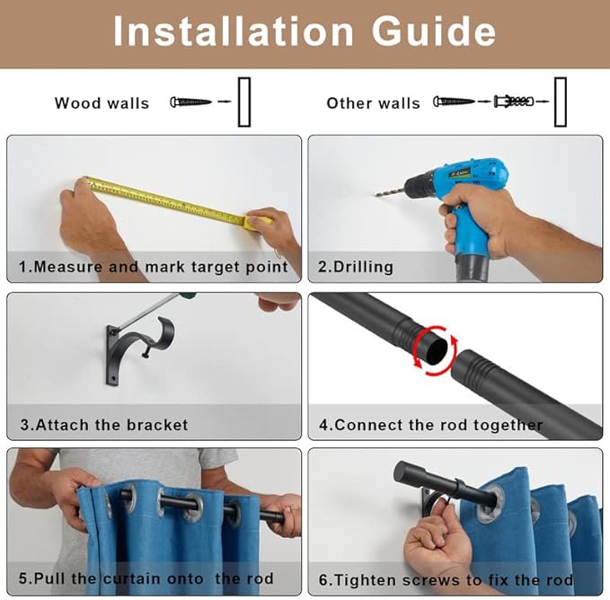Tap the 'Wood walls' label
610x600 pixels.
pyautogui.click(x=102, y=103)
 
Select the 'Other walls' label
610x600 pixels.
pyautogui.click(x=373, y=103)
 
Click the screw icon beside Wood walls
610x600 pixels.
pyautogui.click(x=190, y=102)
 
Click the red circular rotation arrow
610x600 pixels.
pyautogui.click(x=435, y=350)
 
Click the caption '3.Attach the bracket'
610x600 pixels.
pyautogui.click(x=104, y=424)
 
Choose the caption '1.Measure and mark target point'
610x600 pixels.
pyautogui.click(x=154, y=267)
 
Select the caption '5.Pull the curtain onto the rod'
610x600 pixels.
pyautogui.click(x=146, y=578)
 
